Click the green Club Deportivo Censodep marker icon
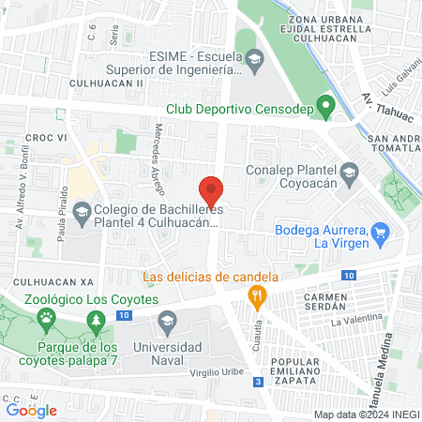point(325,107)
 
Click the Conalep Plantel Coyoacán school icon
point(349,171)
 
